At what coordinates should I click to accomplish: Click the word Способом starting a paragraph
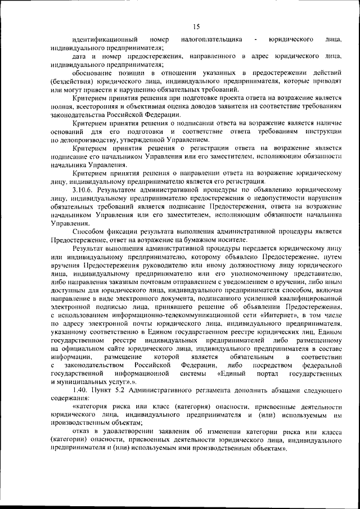(x=88, y=232)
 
